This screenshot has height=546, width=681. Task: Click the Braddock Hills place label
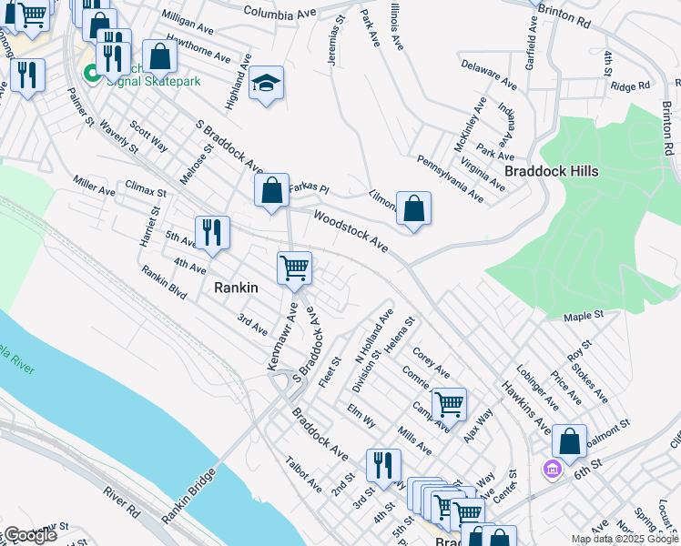click(544, 171)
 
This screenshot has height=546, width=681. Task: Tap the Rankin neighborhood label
click(236, 288)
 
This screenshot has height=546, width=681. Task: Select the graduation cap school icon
click(266, 84)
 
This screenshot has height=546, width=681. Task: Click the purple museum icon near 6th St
click(551, 469)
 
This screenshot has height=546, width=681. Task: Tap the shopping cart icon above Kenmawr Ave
click(294, 268)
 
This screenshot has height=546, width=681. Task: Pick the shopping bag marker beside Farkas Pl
click(271, 191)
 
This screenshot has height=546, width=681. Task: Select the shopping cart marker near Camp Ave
click(449, 403)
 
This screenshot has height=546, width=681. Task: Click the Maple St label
click(584, 316)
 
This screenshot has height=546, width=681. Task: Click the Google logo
click(30, 535)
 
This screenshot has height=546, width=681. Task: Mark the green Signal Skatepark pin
click(92, 74)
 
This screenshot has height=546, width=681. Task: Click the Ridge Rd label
click(631, 86)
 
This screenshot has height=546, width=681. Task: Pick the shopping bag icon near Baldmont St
click(569, 441)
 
